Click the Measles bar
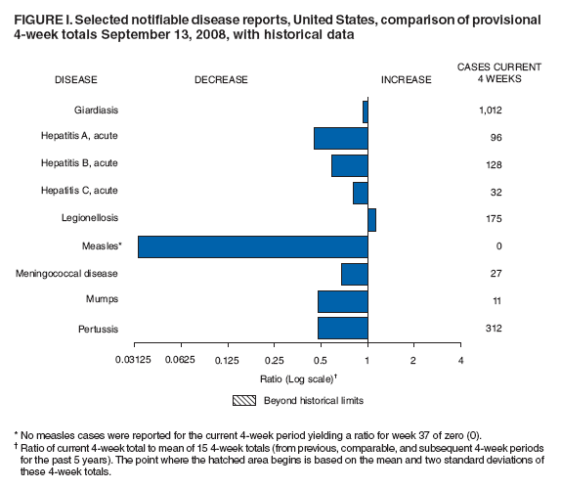click(x=252, y=246)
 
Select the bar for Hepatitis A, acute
click(x=340, y=138)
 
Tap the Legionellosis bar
click(x=371, y=219)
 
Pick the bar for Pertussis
click(x=342, y=328)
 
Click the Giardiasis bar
click(x=365, y=111)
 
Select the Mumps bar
click(x=342, y=300)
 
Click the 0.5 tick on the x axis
click(x=321, y=361)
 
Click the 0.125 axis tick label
click(x=228, y=361)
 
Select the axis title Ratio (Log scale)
click(x=298, y=378)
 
